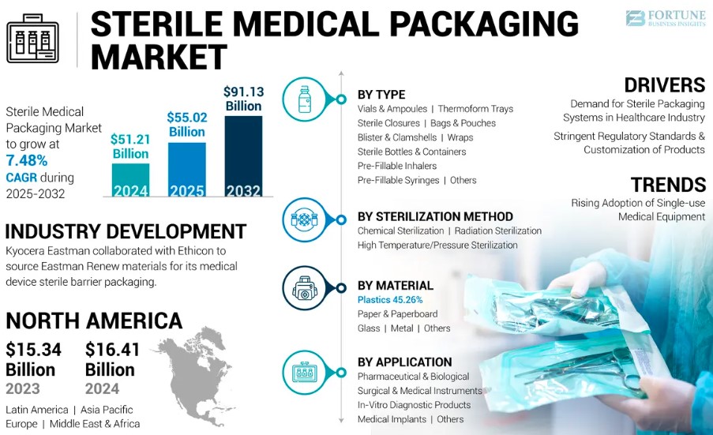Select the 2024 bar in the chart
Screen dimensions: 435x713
pos(129,180)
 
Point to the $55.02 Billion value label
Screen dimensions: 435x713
pos(186,124)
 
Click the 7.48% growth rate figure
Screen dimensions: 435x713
pos(26,159)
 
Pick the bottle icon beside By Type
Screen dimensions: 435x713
pos(304,99)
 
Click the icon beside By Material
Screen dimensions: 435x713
pos(304,289)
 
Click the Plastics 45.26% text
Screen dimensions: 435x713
pos(389,300)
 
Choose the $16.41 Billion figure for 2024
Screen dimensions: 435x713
pos(113,359)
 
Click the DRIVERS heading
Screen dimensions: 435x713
pos(664,85)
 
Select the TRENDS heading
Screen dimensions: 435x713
pos(667,185)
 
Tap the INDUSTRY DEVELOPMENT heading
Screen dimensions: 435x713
pos(126,231)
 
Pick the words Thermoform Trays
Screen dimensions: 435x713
pos(475,109)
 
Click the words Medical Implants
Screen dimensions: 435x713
pos(392,419)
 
